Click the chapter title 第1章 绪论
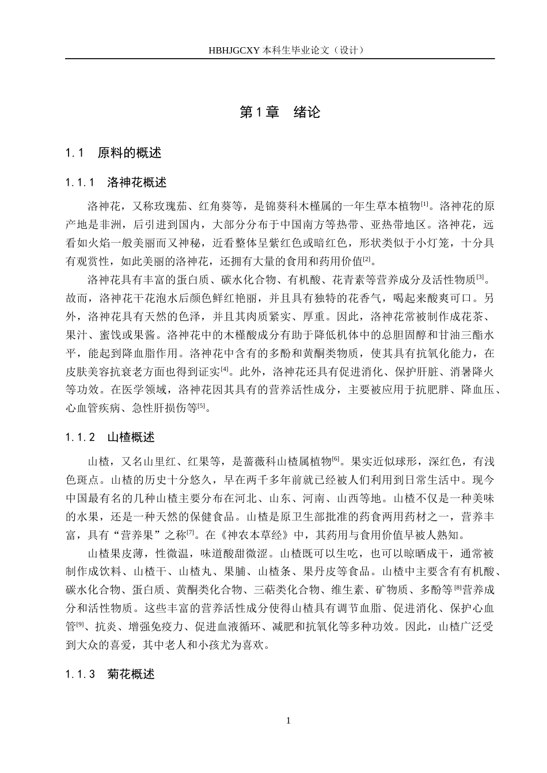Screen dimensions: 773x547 click(280, 113)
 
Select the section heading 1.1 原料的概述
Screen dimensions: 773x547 click(114, 153)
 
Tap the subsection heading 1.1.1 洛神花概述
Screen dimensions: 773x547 click(116, 183)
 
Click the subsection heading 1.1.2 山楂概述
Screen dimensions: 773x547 click(111, 438)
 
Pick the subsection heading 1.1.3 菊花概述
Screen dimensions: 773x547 click(111, 675)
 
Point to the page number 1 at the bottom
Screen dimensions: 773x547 click(288, 721)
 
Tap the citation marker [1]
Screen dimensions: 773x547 click(424, 203)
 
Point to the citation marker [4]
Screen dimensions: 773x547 click(225, 369)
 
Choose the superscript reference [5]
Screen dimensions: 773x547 click(200, 405)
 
